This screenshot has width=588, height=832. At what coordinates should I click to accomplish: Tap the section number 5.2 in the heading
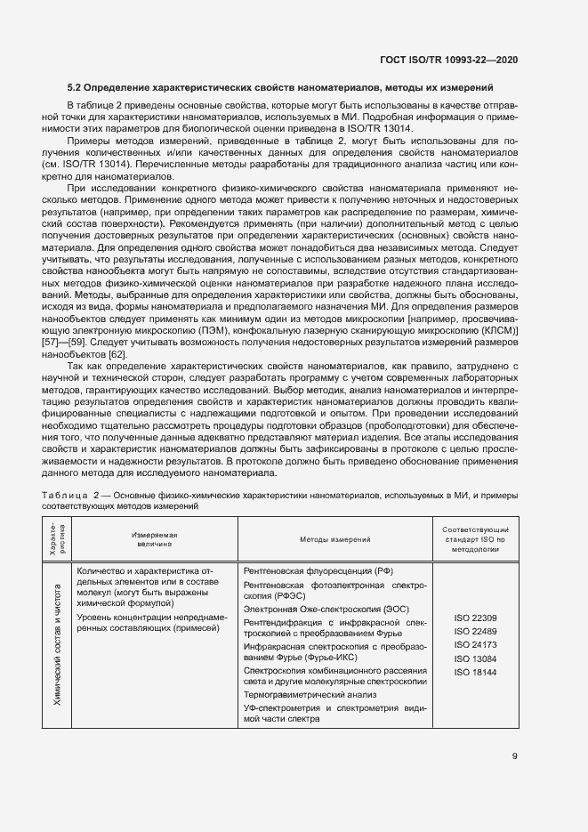(77, 87)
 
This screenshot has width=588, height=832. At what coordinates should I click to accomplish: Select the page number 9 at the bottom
(515, 757)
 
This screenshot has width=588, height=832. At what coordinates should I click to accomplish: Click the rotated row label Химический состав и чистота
(57, 644)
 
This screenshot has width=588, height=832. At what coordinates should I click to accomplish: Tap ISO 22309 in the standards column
(475, 618)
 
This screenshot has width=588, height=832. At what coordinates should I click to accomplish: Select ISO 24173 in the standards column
(475, 644)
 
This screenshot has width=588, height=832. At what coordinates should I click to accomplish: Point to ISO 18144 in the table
(475, 671)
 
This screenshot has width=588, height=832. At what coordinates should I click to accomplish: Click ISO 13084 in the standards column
(475, 658)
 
